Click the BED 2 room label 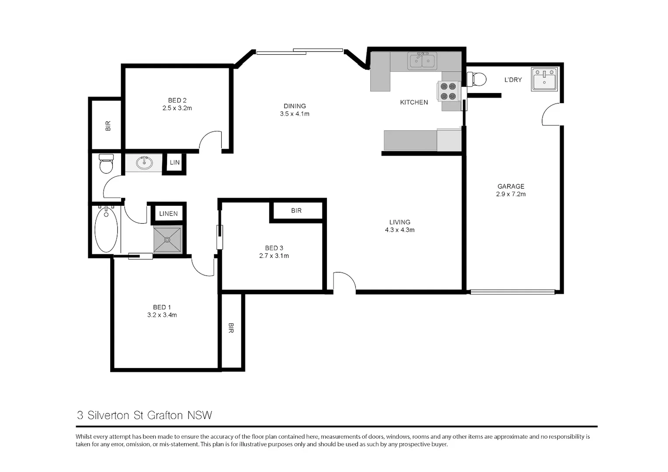pyautogui.click(x=177, y=101)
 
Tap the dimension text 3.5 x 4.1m pyautogui.click(x=295, y=114)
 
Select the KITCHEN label pyautogui.click(x=414, y=102)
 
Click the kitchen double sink pyautogui.click(x=422, y=61)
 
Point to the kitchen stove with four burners pyautogui.click(x=448, y=91)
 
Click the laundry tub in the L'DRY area pyautogui.click(x=544, y=79)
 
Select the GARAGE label pyautogui.click(x=511, y=186)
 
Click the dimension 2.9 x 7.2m pyautogui.click(x=511, y=194)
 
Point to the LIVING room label pyautogui.click(x=400, y=222)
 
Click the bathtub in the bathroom pyautogui.click(x=106, y=230)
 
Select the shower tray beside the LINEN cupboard pyautogui.click(x=167, y=239)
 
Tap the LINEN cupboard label pyautogui.click(x=168, y=214)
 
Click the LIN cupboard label pyautogui.click(x=174, y=163)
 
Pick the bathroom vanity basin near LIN pyautogui.click(x=144, y=163)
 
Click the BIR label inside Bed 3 pyautogui.click(x=296, y=211)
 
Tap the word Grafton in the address pyautogui.click(x=165, y=415)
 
